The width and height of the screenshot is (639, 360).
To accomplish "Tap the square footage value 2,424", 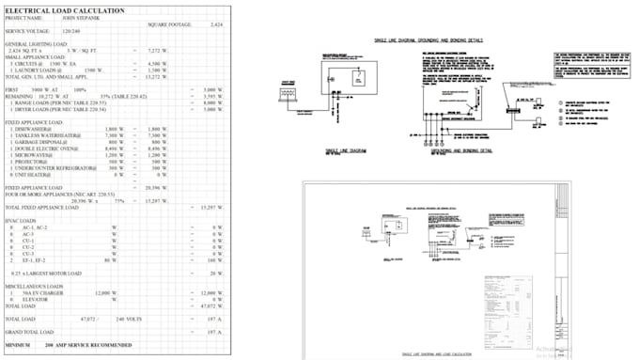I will (216, 23).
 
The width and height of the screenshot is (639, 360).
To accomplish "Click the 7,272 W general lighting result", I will (157, 50).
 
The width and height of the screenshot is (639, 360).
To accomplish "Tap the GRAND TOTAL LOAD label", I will (29, 332).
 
